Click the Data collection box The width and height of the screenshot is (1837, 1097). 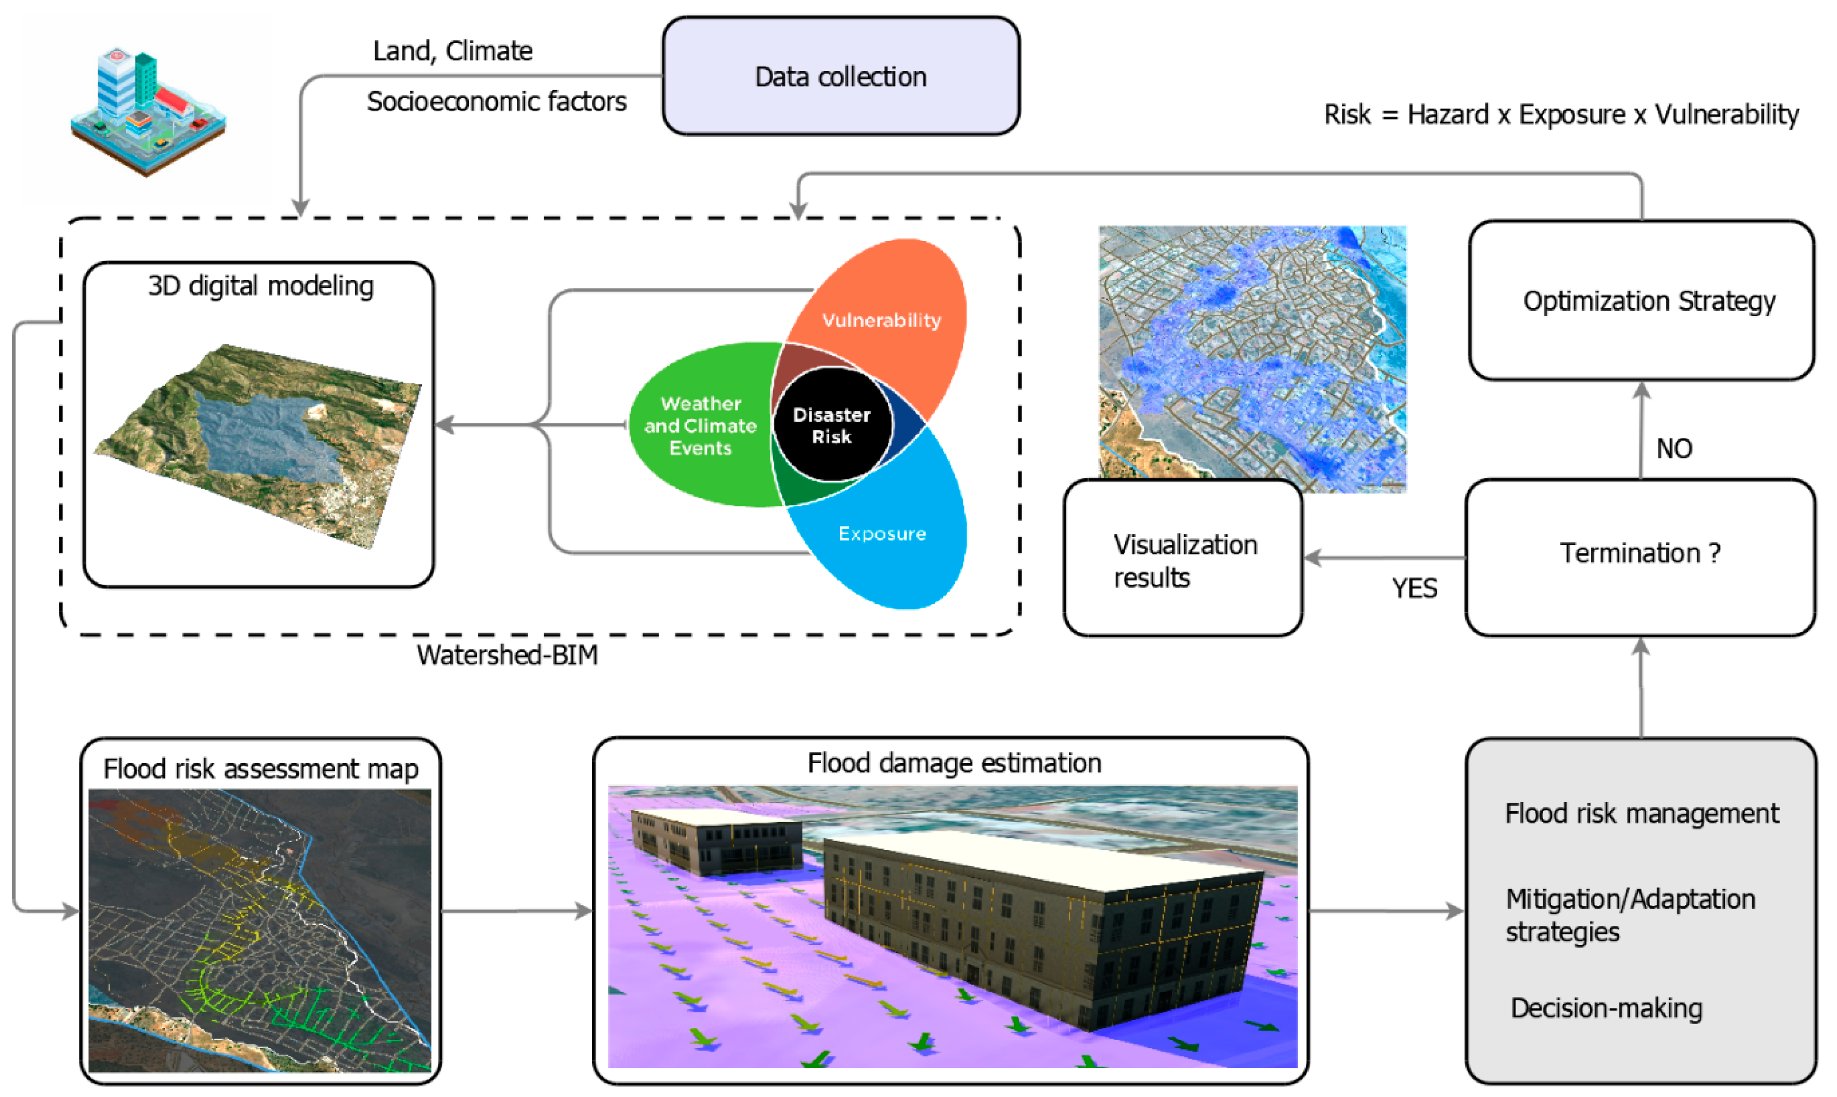pos(840,77)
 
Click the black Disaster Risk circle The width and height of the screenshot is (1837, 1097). pos(832,426)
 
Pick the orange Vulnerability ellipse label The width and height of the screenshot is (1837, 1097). pos(881,320)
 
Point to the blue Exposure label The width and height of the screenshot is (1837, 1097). pos(881,534)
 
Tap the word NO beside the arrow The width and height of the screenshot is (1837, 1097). pos(1674,449)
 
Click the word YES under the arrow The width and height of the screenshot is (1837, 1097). pos(1414,588)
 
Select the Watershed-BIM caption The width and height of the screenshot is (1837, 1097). pos(507,655)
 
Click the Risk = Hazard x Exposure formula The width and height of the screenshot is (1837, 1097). pos(1560,115)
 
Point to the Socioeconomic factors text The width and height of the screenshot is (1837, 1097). pos(496,101)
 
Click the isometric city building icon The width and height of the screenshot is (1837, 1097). pos(148,111)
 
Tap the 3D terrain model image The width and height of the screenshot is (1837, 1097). pos(259,444)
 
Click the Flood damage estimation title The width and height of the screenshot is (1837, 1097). pos(954,763)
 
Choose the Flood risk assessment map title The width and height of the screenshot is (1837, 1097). pos(260,769)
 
